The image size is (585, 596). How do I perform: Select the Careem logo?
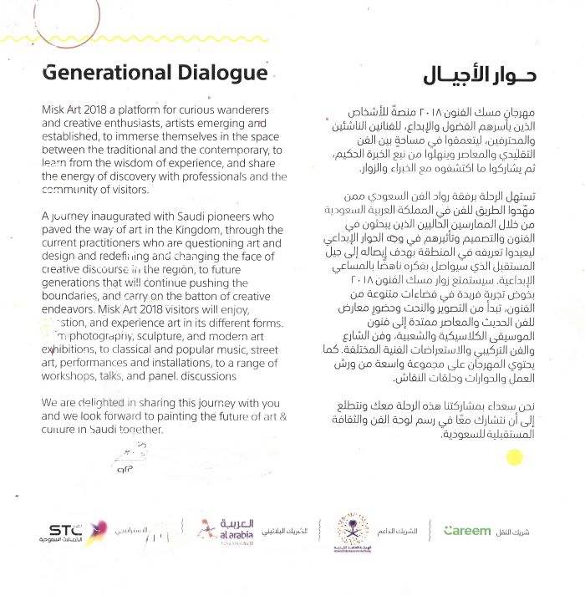pos(468,530)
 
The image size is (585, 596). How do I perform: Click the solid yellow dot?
pos(516,457)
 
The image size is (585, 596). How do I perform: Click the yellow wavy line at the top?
pos(292,39)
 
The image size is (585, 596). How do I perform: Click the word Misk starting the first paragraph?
pos(53,110)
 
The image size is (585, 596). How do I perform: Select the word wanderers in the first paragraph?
pos(242,110)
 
